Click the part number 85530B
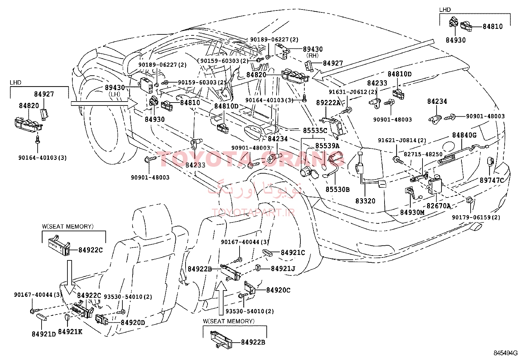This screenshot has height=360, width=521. pyautogui.click(x=337, y=190)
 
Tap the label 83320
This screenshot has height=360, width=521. pyautogui.click(x=365, y=201)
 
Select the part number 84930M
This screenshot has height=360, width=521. pyautogui.click(x=412, y=212)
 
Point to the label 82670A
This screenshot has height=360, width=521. pyautogui.click(x=439, y=206)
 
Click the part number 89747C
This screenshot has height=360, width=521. pyautogui.click(x=492, y=180)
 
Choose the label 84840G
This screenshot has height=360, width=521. pyautogui.click(x=464, y=135)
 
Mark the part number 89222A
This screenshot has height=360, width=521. pyautogui.click(x=328, y=103)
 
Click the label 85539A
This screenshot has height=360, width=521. pyautogui.click(x=327, y=146)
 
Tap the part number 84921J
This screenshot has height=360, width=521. pyautogui.click(x=283, y=269)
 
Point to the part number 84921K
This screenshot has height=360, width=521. pyautogui.click(x=70, y=332)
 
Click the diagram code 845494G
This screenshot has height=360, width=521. pyautogui.click(x=506, y=353)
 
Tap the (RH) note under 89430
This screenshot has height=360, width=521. pyautogui.click(x=312, y=55)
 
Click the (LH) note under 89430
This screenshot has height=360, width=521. pyautogui.click(x=114, y=94)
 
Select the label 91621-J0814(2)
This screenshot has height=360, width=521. pyautogui.click(x=402, y=141)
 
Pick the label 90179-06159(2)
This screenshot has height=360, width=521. pyautogui.click(x=476, y=217)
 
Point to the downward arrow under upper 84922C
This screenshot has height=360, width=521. pyautogui.click(x=69, y=277)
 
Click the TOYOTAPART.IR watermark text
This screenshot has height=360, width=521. pyautogui.click(x=253, y=213)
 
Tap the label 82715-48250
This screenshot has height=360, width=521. pyautogui.click(x=423, y=154)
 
